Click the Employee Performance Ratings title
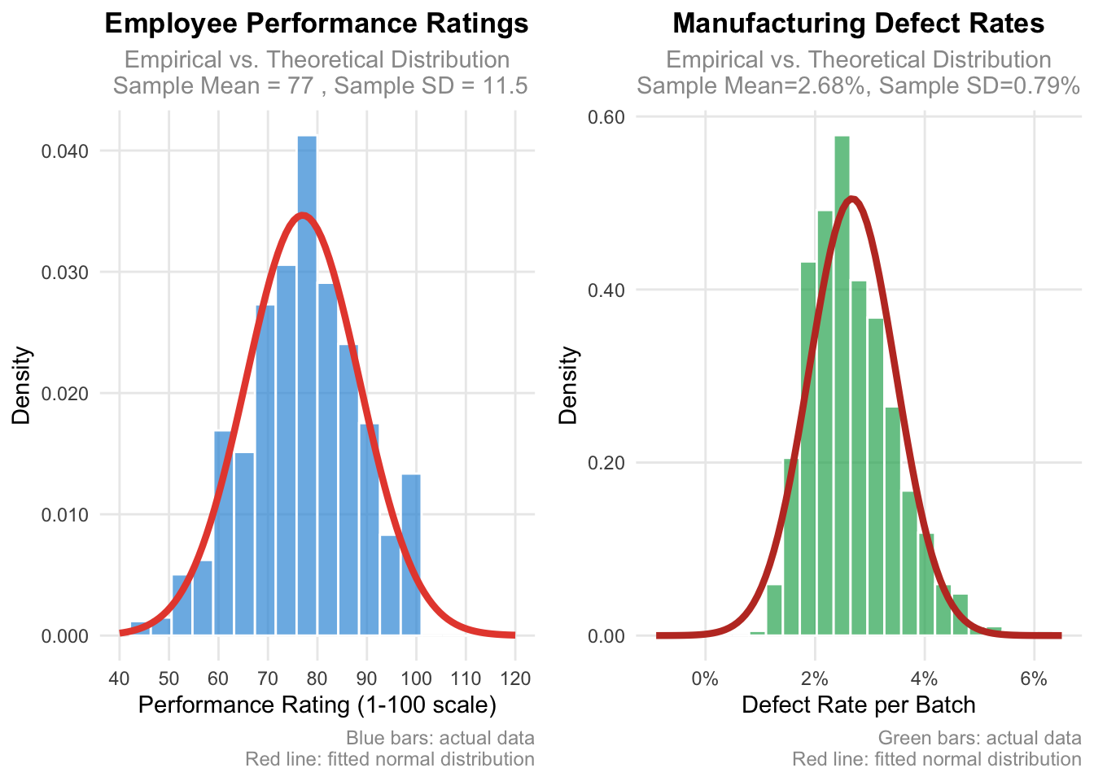[317, 24]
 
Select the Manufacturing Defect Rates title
[859, 24]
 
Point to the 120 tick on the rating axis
[514, 678]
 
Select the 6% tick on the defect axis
[1034, 678]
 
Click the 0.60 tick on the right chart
[606, 117]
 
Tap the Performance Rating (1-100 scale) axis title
[317, 705]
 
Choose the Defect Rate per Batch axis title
[859, 705]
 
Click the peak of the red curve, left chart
[302, 216]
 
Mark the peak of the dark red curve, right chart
[851, 199]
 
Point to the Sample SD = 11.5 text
[431, 85]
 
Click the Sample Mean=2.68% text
[750, 85]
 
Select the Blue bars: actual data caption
[440, 739]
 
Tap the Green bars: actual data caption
[979, 739]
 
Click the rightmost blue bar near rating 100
[411, 553]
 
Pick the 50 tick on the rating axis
[168, 678]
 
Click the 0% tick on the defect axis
[705, 678]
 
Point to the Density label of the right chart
[568, 385]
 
